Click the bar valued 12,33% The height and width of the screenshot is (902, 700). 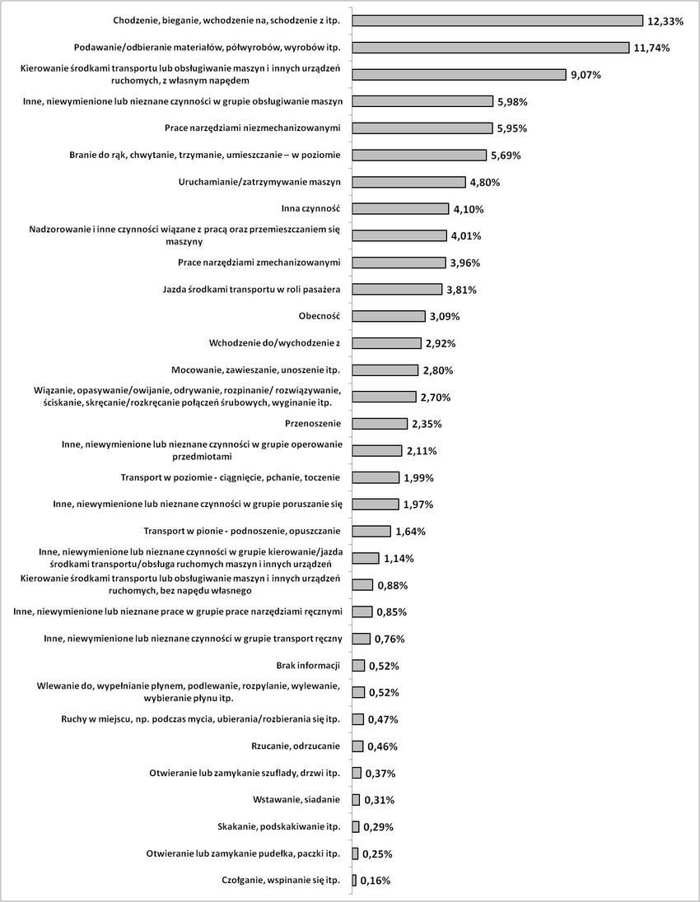(497, 21)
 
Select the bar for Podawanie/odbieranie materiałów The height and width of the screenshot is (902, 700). (491, 48)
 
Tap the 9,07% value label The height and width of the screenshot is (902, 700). (586, 75)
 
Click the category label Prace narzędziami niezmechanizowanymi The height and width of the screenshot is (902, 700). (253, 128)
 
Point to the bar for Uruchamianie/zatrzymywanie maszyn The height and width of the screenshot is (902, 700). (408, 182)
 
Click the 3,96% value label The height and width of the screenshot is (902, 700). (465, 263)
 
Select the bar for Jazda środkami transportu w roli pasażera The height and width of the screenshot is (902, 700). (397, 290)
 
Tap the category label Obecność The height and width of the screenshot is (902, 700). (320, 316)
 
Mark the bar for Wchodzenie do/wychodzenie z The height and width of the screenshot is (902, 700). (387, 343)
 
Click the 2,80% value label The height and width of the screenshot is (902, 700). (438, 370)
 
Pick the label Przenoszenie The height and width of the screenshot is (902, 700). (313, 423)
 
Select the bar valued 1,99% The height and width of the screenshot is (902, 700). (376, 477)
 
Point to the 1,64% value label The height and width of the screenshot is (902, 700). (410, 532)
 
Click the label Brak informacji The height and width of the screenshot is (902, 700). (309, 666)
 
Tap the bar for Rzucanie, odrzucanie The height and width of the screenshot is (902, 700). (357, 746)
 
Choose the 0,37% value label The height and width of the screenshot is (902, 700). (380, 774)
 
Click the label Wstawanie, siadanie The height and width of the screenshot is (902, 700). (296, 799)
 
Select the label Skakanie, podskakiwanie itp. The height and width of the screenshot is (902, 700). (279, 826)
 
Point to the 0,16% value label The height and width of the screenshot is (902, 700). (376, 881)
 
